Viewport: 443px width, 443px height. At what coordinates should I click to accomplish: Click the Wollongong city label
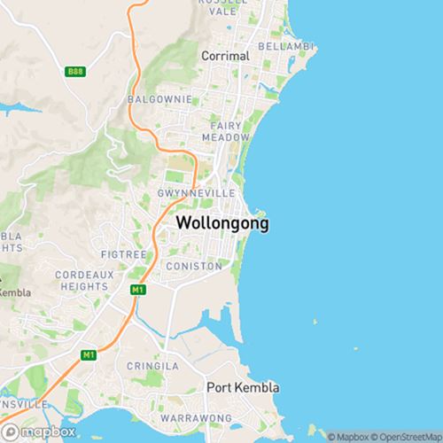[223, 222]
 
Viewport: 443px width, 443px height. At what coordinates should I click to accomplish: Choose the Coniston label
[191, 266]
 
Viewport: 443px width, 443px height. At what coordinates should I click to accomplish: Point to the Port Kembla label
[243, 388]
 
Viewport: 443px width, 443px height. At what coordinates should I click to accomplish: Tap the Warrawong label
[196, 417]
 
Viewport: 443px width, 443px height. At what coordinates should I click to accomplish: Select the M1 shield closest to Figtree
[137, 289]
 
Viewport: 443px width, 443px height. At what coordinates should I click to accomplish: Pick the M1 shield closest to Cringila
[87, 354]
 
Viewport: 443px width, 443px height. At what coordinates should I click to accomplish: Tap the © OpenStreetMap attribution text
[408, 436]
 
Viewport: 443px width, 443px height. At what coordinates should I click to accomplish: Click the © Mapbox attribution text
[349, 436]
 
